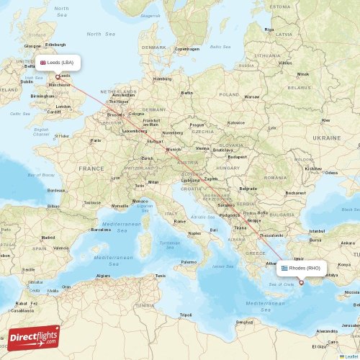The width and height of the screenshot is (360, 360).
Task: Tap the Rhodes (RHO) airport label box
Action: coord(302,268)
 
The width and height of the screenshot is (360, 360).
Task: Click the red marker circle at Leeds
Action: coord(58,77)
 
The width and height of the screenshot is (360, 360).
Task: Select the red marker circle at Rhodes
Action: coord(302,282)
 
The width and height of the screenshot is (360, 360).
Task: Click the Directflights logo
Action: coord(35,336)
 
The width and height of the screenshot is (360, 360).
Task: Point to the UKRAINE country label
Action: coord(327,137)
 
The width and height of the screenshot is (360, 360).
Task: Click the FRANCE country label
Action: coord(91,168)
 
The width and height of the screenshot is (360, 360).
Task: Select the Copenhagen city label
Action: coord(186,49)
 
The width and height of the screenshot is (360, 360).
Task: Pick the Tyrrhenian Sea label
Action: coord(169,244)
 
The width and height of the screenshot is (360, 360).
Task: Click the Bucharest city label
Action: coord(295,193)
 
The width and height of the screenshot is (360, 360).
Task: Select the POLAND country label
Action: coord(229,94)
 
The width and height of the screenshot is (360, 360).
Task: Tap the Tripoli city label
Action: coord(186,315)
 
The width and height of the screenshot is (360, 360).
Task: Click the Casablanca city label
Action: coord(22,310)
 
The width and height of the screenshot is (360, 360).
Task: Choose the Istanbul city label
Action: coord(317,230)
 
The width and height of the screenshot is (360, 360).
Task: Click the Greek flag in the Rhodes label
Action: coord(284,268)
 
